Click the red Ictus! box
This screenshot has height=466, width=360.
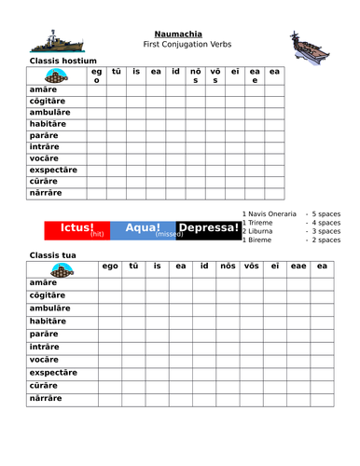pos(76,229)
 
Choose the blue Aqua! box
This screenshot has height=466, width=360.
pos(143,229)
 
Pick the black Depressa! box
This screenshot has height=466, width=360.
pos(208,228)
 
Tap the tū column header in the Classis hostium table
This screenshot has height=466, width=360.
pos(117,71)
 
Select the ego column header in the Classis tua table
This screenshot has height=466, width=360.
pos(110,267)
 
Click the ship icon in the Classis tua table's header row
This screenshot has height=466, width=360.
pos(62,271)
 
